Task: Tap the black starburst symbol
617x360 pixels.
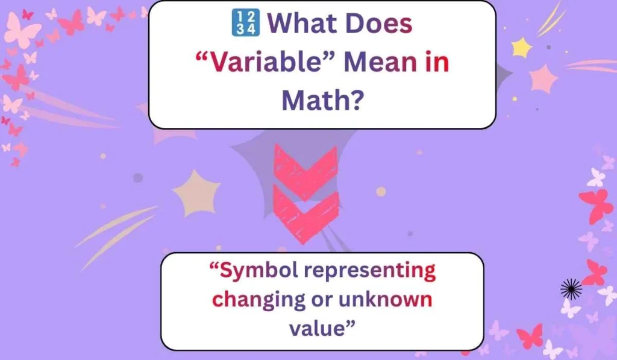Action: (571, 289)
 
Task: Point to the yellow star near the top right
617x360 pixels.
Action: (522, 47)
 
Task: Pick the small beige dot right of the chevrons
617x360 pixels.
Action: (381, 192)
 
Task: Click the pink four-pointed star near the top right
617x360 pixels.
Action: (544, 78)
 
